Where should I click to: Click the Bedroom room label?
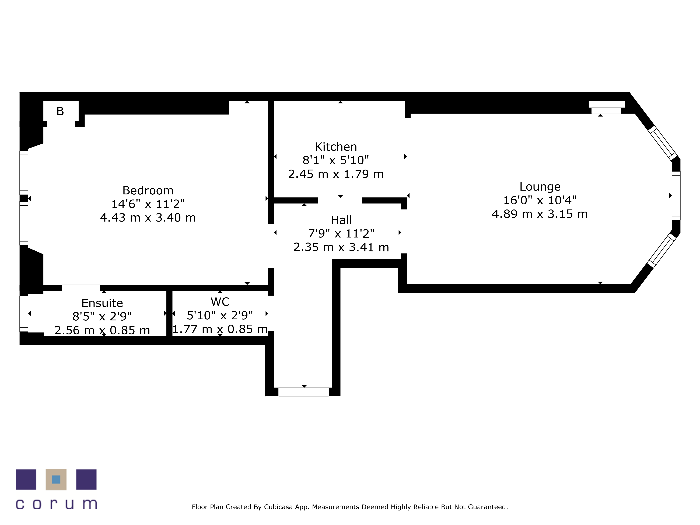[148, 191]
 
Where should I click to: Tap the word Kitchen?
[336, 147]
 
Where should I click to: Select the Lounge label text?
[540, 187]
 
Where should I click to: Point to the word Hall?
[341, 220]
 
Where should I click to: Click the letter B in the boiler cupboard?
[60, 111]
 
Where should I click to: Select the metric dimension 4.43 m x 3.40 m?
[148, 218]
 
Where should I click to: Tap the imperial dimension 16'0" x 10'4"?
[540, 200]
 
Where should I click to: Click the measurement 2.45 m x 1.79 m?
[336, 174]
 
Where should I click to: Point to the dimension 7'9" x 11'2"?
[341, 234]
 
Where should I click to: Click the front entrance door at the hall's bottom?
[303, 392]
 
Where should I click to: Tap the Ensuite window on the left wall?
[24, 314]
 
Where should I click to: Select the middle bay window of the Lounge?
[676, 196]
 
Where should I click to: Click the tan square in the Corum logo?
[56, 479]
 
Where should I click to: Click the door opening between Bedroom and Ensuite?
[81, 288]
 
